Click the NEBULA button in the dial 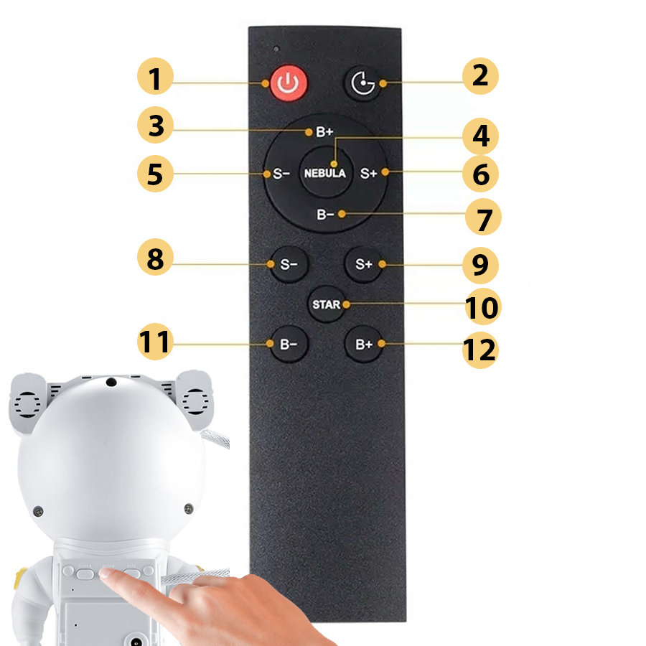coord(325,172)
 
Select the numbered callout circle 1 coord(155,76)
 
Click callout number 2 coord(480,76)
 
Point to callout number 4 coord(480,136)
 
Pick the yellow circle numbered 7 coord(483,217)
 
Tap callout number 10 coord(483,306)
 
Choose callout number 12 coord(480,350)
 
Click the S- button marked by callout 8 coord(289,264)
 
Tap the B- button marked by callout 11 coord(289,345)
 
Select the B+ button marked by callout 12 coord(363,345)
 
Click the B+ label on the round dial coord(324,132)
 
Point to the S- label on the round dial coord(281,174)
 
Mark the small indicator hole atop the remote coord(276,49)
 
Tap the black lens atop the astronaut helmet coord(111,382)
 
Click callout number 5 coord(155,174)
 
